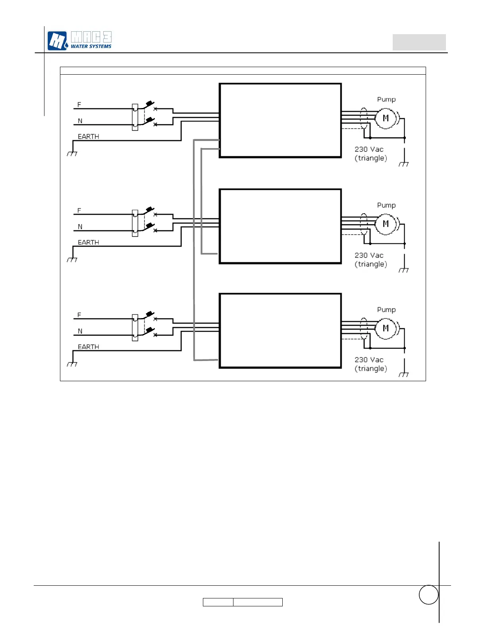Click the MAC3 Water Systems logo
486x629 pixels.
click(79, 41)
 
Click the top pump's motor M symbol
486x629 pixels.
click(386, 118)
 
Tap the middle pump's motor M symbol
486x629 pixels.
click(386, 224)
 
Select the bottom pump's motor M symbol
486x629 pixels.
click(386, 328)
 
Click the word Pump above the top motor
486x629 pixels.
click(386, 99)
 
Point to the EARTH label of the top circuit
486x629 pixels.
click(88, 137)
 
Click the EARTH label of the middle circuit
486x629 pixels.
click(88, 242)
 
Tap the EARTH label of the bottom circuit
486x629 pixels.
click(88, 347)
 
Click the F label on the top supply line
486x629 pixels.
click(79, 105)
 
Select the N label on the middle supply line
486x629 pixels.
click(80, 227)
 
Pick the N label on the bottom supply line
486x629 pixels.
click(80, 331)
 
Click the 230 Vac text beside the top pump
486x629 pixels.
click(369, 149)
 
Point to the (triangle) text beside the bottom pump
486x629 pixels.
click(371, 369)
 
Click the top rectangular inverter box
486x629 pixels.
click(280, 120)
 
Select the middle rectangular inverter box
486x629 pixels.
click(280, 226)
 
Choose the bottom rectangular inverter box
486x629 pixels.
click(280, 330)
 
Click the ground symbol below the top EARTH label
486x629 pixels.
click(72, 153)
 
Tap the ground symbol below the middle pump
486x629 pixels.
click(404, 270)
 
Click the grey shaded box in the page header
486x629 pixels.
click(419, 42)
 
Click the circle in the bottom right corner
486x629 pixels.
click(428, 594)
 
